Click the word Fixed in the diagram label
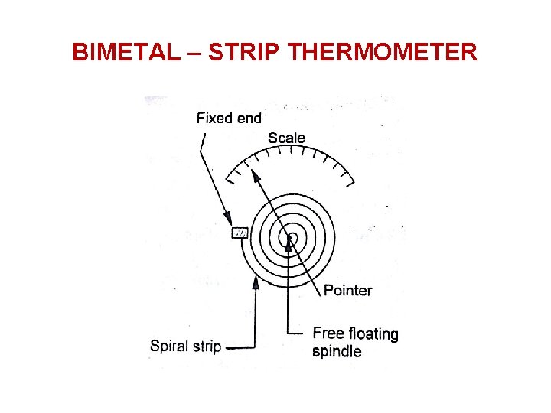pyautogui.click(x=214, y=118)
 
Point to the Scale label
pyautogui.click(x=286, y=138)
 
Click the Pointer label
pyautogui.click(x=347, y=290)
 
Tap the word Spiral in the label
pyautogui.click(x=168, y=346)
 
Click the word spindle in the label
pyautogui.click(x=337, y=352)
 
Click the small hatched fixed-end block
pyautogui.click(x=240, y=233)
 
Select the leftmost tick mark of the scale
pyautogui.click(x=230, y=180)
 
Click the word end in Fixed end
pyautogui.click(x=248, y=118)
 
